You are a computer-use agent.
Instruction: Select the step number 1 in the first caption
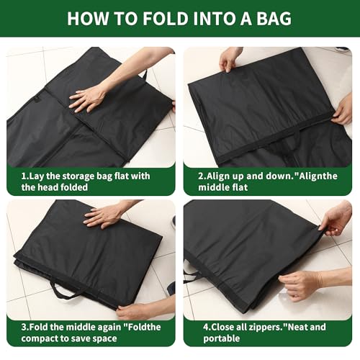tap(24, 174)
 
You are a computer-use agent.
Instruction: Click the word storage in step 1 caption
tap(74, 174)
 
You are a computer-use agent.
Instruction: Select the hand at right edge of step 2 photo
tap(343, 109)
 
